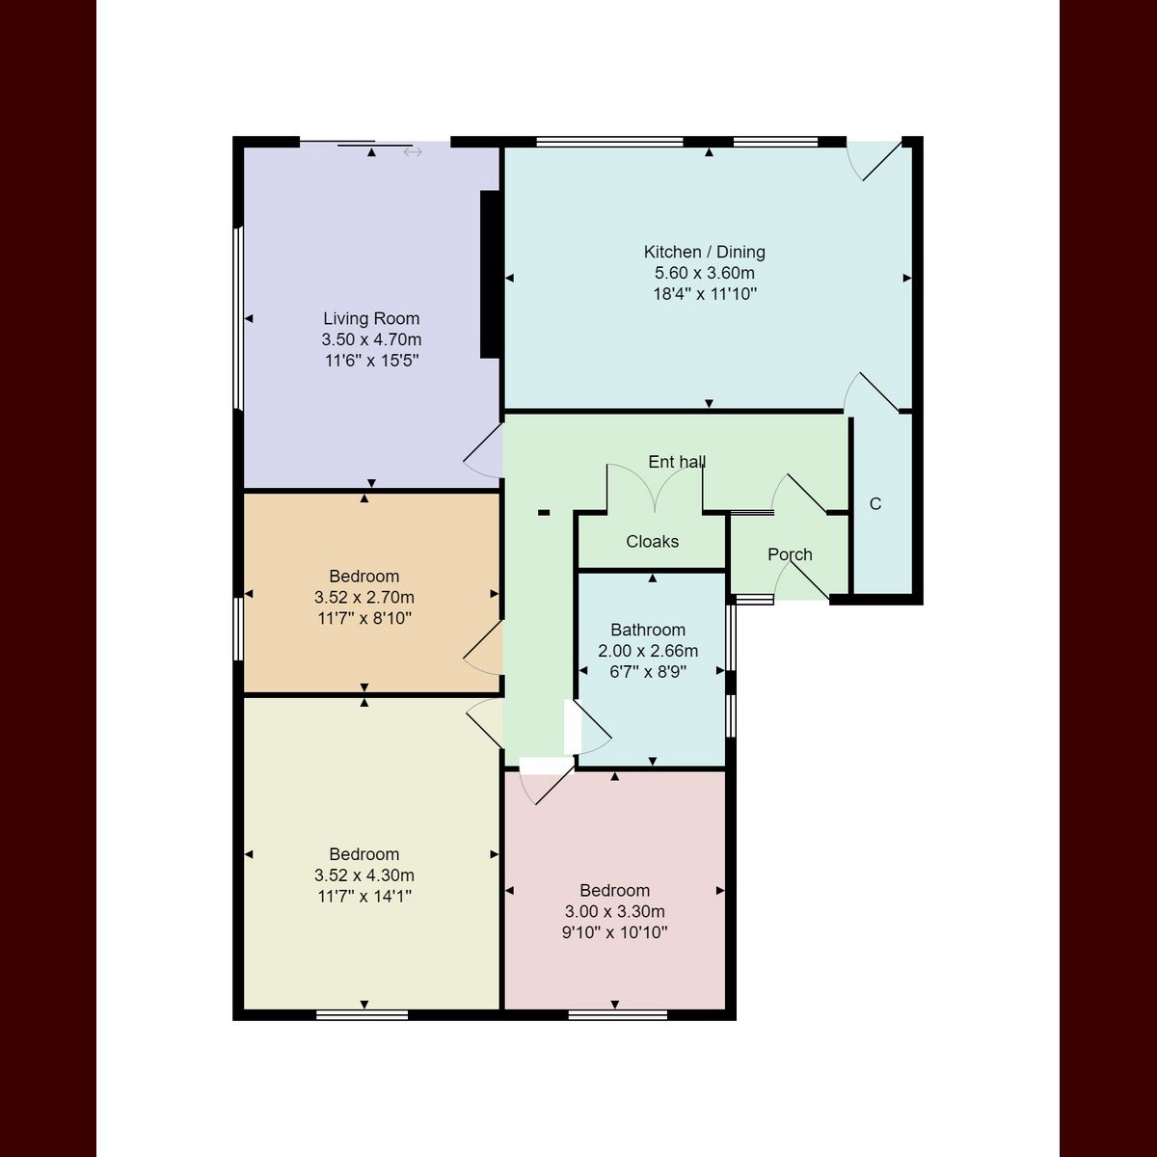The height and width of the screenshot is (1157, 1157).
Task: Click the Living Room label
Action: point(371,318)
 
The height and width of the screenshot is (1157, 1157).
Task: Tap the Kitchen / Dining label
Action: point(704,252)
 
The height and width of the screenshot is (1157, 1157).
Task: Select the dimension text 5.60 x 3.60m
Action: point(704,273)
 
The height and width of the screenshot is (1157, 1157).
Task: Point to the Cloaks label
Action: point(652,541)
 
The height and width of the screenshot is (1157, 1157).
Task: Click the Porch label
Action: point(790,554)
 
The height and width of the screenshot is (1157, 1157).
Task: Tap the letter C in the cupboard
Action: point(875,504)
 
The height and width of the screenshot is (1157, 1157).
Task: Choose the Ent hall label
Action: point(677,462)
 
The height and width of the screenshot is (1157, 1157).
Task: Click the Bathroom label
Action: point(648,630)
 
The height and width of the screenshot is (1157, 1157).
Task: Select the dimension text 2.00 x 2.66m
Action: point(648,651)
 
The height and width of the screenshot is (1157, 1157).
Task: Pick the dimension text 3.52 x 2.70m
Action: point(364,598)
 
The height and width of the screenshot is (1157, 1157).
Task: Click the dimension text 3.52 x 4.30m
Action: point(364,875)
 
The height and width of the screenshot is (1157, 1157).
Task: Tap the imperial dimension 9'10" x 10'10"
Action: point(614,932)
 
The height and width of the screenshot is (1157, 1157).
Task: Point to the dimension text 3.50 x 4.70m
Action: point(371,339)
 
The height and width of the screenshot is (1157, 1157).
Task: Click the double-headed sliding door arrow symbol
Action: point(413,152)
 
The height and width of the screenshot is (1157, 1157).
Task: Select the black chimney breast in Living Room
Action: point(489,275)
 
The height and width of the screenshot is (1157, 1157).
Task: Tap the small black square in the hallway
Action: point(544,513)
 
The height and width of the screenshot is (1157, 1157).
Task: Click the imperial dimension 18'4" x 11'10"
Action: point(704,294)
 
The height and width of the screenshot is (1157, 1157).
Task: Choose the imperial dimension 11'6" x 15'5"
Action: point(371,361)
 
